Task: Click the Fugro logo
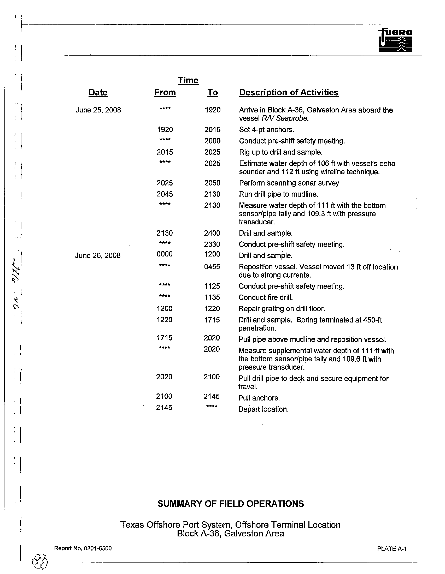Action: pos(395,40)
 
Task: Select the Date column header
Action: pos(98,93)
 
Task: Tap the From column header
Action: pos(165,93)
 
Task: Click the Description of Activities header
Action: pos(289,93)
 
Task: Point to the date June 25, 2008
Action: pos(98,110)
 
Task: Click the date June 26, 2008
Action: pos(98,255)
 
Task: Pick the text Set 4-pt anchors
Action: pos(266,130)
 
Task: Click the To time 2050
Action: pos(212,183)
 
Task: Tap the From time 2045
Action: pos(165,194)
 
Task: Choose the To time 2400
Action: pos(212,233)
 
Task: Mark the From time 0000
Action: pos(164,254)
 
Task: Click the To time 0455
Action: pos(212,267)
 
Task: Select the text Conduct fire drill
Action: pos(266,297)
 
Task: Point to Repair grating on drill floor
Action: pos(282,309)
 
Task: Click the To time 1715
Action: pos(212,320)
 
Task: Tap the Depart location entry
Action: pos(263,409)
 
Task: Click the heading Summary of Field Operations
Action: pos(230,504)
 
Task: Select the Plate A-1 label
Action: pos(392,548)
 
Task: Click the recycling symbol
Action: pos(40,562)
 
